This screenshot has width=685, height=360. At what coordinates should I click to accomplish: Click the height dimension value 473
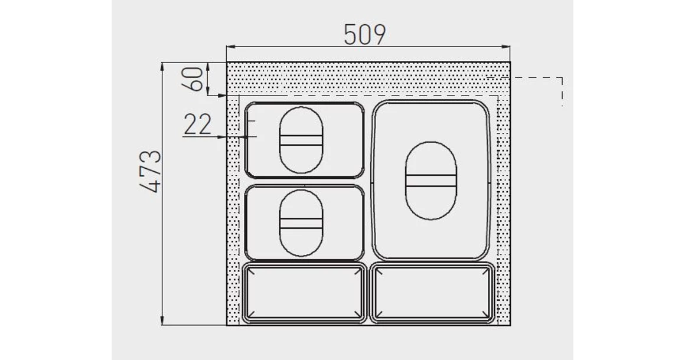coord(151,172)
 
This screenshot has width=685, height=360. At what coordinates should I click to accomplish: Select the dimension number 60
coord(197,78)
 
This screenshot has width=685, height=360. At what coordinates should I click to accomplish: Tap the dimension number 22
coord(198,125)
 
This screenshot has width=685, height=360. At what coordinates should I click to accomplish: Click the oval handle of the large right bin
coord(430,181)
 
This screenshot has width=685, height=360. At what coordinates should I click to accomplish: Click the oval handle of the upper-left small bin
coord(301,140)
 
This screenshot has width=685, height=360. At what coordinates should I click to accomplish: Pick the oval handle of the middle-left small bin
coord(301,222)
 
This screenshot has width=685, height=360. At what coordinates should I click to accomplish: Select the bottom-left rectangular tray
coord(305,293)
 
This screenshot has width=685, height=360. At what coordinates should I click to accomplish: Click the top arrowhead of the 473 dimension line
coord(163,66)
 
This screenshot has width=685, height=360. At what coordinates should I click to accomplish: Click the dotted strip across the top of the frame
coord(366,77)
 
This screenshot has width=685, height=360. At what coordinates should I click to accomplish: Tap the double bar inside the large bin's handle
coord(430,181)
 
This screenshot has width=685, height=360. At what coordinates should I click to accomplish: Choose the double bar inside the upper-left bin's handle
coord(301,140)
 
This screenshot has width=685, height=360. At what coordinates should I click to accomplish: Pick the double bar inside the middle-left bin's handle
coord(301,223)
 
